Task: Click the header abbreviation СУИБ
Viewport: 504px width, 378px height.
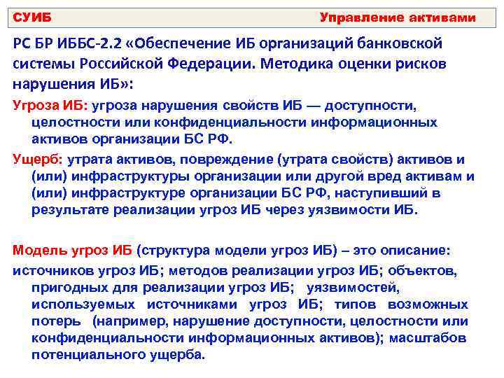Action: coord(33,17)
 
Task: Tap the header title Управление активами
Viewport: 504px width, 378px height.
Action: coord(397,17)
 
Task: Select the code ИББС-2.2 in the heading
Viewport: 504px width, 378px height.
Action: coord(83,43)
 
